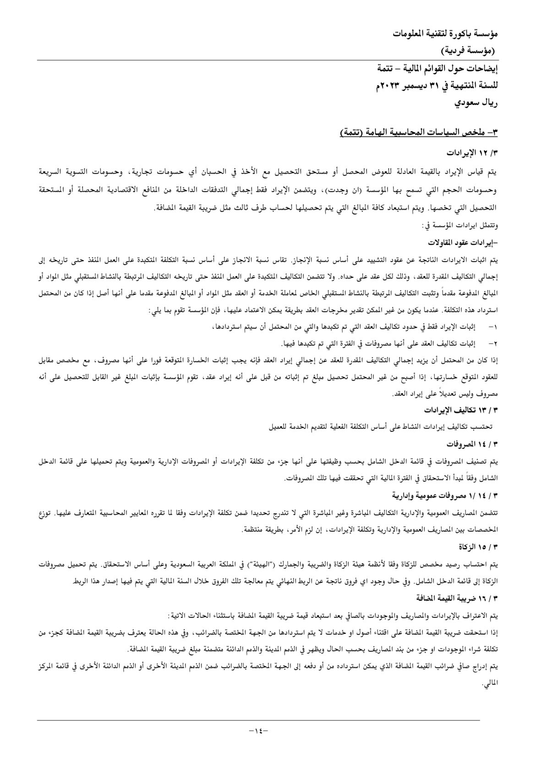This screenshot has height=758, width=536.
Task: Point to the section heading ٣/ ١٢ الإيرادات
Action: coord(471,152)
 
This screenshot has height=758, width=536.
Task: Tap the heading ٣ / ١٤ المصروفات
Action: coord(472,444)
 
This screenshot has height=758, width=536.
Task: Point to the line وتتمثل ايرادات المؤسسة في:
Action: coord(459,225)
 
